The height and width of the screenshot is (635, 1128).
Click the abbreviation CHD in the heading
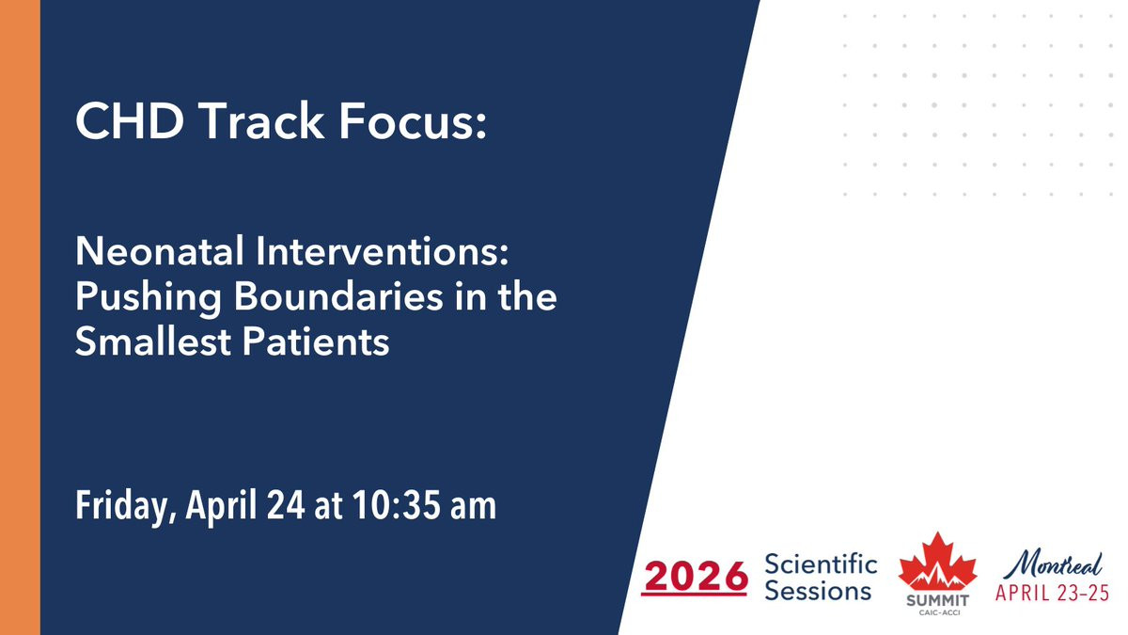click(130, 121)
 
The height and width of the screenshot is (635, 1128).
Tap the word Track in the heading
click(262, 121)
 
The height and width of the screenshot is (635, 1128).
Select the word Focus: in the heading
click(413, 121)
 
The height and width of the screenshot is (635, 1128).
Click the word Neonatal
click(160, 251)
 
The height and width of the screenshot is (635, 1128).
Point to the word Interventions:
click(383, 251)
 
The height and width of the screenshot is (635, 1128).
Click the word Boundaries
click(338, 296)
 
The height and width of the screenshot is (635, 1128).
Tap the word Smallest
click(152, 341)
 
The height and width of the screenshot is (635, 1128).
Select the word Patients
click(316, 341)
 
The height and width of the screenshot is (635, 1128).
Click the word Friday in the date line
click(126, 506)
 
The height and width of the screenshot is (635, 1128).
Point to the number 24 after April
click(286, 505)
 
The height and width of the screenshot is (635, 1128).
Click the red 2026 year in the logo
click(695, 577)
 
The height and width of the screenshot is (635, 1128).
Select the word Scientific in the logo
click(821, 564)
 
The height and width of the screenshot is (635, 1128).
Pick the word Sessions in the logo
click(818, 591)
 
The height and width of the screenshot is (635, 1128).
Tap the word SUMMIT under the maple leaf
click(938, 600)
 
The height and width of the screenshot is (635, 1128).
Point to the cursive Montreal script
click(1053, 565)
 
